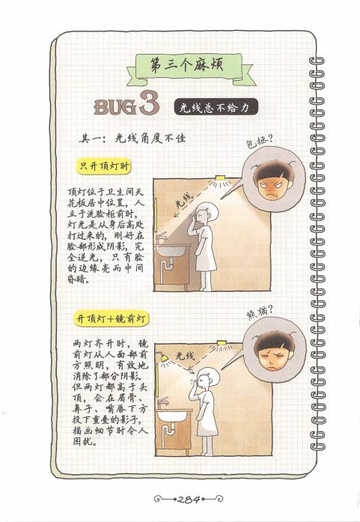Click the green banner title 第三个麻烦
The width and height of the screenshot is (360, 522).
coord(187,65)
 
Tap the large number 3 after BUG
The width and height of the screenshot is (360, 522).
coord(150,103)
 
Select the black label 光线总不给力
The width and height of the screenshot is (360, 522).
coord(216,107)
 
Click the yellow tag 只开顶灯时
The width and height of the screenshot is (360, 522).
coord(103,166)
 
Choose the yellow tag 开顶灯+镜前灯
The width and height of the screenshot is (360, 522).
coord(111,319)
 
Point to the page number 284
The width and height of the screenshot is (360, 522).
coord(189,499)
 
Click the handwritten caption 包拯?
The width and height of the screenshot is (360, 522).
coord(259,141)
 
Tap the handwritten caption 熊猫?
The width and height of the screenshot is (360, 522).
coord(260,312)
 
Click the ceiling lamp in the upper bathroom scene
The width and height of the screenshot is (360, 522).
coord(220,178)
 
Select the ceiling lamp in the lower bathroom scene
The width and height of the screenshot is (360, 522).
coord(222,342)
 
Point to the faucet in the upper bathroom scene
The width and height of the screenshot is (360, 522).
coord(162,237)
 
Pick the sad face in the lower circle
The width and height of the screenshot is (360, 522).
coord(273,351)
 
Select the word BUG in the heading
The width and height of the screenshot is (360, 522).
coord(115,107)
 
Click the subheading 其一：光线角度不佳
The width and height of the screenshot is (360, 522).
coord(132,138)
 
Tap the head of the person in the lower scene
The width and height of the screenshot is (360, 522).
coord(207,377)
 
